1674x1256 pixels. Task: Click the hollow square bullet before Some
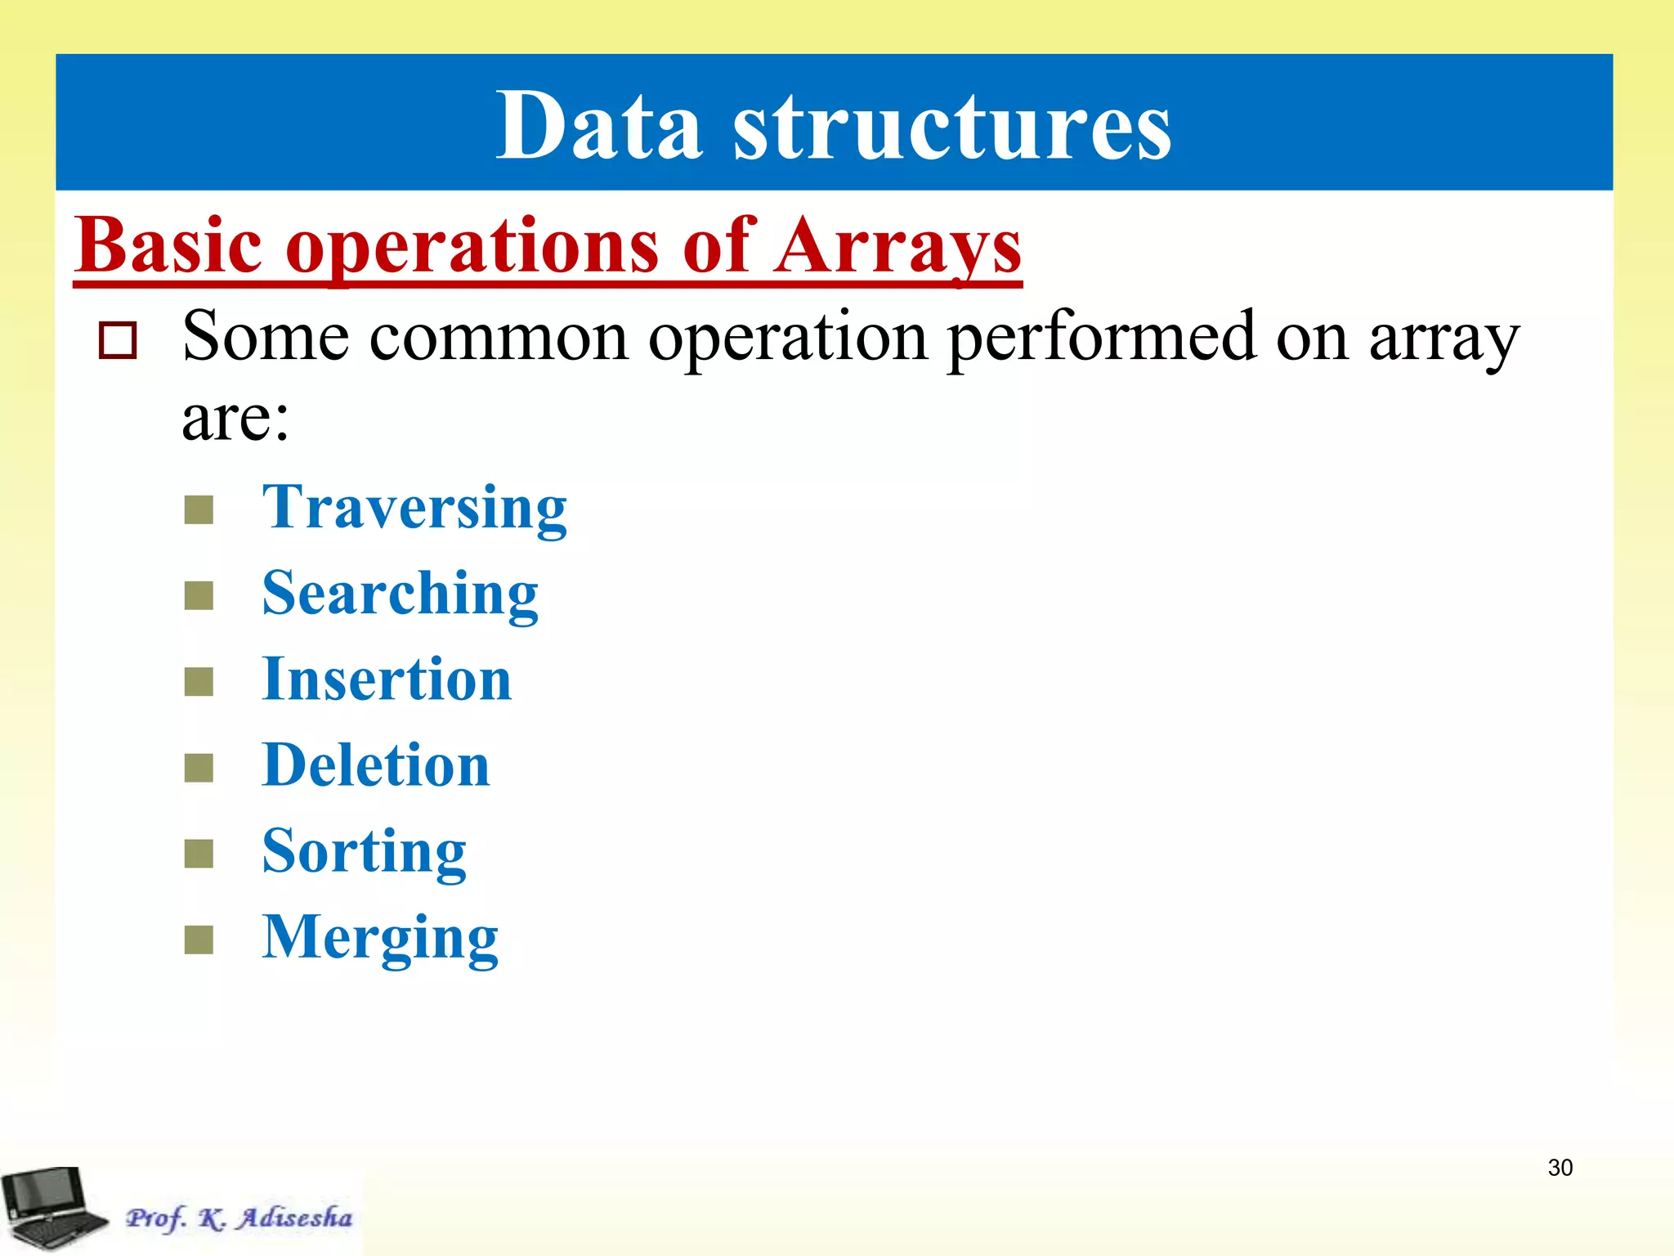click(x=118, y=340)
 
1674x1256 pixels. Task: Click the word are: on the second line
click(x=235, y=419)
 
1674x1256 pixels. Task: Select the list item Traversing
click(x=414, y=508)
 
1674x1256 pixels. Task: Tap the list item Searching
click(x=400, y=594)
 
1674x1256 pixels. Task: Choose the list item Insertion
click(x=386, y=680)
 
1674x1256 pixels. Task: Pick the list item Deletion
click(x=375, y=766)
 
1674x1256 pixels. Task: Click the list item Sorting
click(x=364, y=852)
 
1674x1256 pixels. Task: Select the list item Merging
click(x=379, y=938)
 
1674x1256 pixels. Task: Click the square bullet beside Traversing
click(x=199, y=509)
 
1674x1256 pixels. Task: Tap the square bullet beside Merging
click(x=199, y=940)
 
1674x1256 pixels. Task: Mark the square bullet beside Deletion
click(x=199, y=768)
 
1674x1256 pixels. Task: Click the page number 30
click(x=1560, y=1167)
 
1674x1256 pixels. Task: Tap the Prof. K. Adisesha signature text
click(x=239, y=1218)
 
